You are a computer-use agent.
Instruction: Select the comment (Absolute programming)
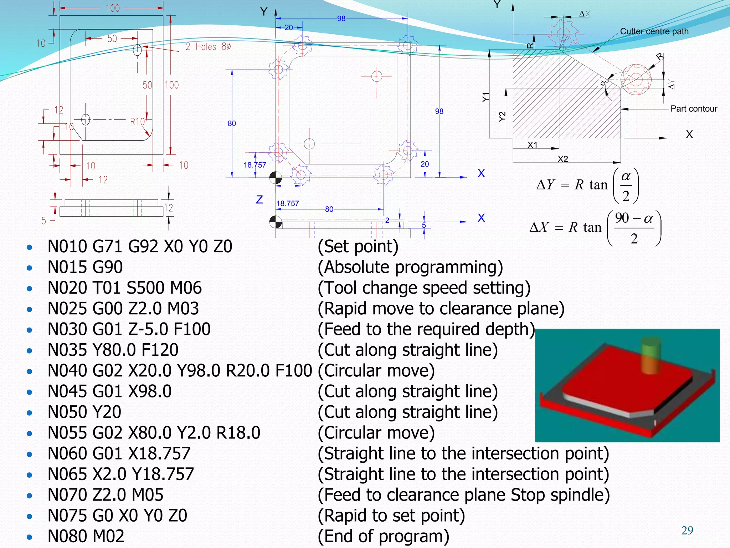(x=410, y=267)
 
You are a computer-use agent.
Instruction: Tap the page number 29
(x=687, y=531)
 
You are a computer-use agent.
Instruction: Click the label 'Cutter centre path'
(x=654, y=31)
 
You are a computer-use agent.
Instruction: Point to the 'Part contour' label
(x=694, y=109)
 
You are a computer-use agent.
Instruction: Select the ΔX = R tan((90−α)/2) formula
(x=595, y=227)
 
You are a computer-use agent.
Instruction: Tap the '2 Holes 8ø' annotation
(x=208, y=47)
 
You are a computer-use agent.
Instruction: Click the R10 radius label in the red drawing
(x=137, y=122)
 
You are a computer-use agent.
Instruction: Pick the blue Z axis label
(x=259, y=199)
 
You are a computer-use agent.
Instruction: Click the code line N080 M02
(x=86, y=536)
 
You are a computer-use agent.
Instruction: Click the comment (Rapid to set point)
(x=391, y=516)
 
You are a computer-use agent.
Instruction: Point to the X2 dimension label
(x=563, y=159)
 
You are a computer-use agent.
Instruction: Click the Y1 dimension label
(x=486, y=97)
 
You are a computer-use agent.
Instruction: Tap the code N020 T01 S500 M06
(x=124, y=288)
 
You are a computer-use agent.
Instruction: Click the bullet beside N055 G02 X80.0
(x=30, y=434)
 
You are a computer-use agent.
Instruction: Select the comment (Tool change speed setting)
(x=424, y=288)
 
